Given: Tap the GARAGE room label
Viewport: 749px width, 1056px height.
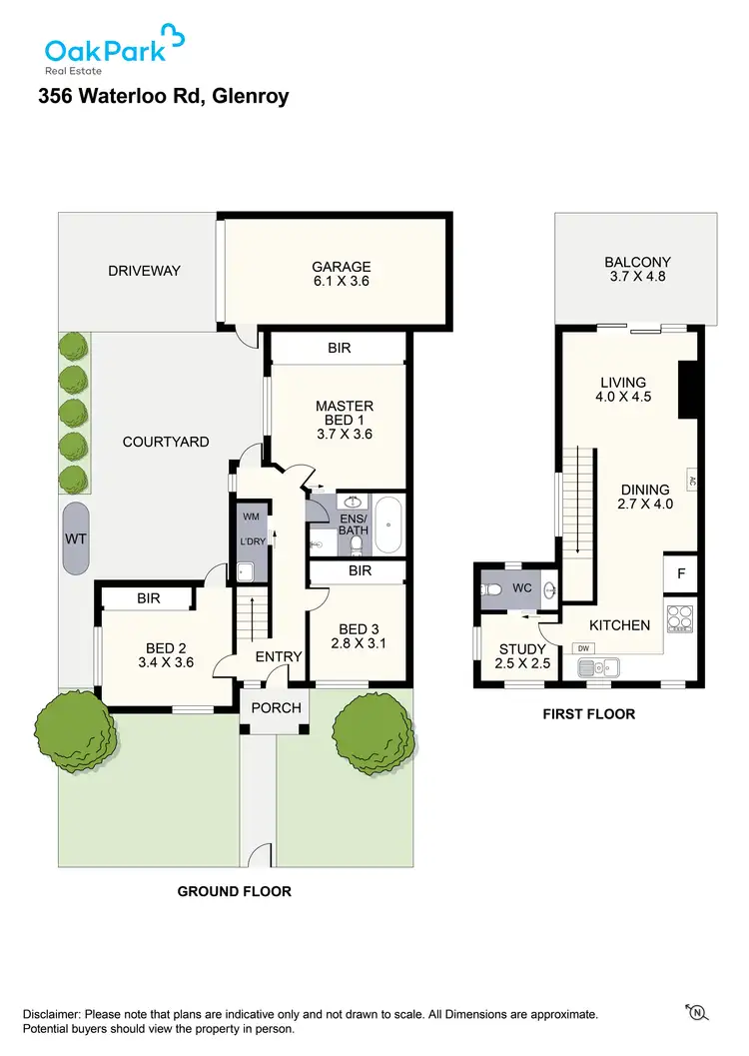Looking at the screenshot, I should point(341,267).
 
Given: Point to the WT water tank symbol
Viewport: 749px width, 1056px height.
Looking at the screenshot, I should point(75,538).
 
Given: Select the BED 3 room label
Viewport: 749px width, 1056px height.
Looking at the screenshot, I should point(360,628).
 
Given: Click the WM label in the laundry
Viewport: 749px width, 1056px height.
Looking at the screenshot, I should point(250,517).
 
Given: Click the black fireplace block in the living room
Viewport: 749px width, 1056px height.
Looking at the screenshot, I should point(686,390).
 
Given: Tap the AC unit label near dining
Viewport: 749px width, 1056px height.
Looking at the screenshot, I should point(691,480).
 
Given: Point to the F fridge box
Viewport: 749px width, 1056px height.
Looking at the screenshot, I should point(681,574).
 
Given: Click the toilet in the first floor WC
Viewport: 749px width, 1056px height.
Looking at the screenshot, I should point(491,590).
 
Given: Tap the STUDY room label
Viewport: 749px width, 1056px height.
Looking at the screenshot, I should point(522,649).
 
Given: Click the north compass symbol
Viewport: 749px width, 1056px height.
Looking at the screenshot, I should point(695,1013).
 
